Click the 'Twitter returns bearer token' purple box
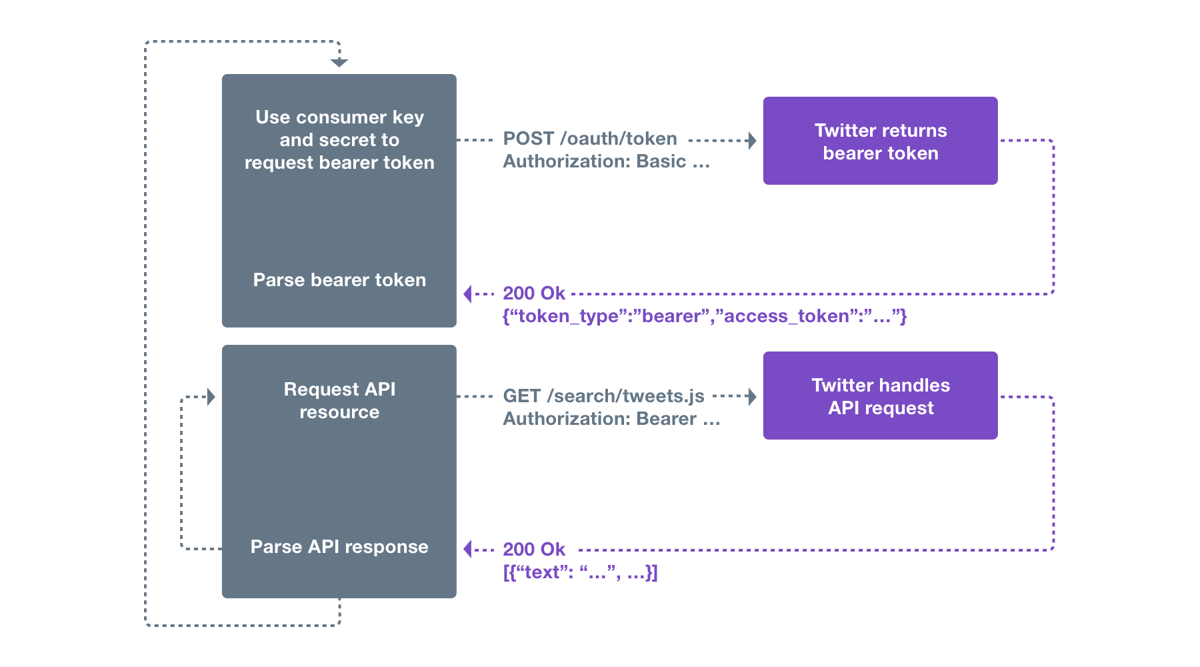(880, 141)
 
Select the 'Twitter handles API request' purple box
(880, 396)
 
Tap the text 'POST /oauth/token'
(589, 139)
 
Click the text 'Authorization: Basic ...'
(605, 161)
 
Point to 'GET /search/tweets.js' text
(603, 396)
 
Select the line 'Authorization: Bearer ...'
(611, 419)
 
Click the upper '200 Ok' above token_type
(533, 293)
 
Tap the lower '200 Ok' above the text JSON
(533, 550)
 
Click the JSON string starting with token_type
(704, 316)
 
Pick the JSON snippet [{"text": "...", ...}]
(580, 572)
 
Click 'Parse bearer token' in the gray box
(339, 280)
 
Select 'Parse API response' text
(339, 547)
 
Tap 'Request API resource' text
(339, 400)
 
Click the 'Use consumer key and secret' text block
(339, 140)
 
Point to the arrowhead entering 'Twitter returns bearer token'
(753, 141)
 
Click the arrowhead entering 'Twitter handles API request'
(753, 397)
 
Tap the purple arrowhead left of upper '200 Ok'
(468, 293)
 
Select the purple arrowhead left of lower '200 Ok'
(468, 549)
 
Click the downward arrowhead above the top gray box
(339, 63)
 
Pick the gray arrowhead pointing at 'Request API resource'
(211, 397)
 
